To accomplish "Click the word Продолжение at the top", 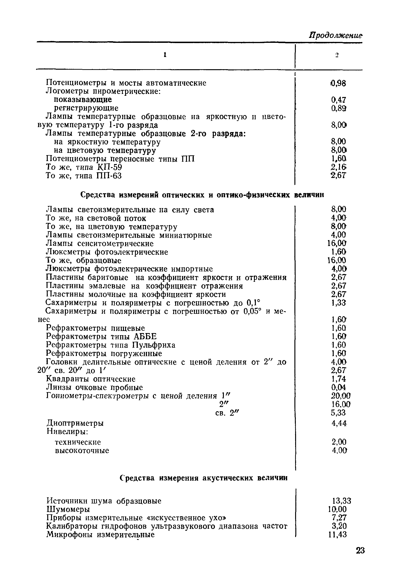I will (x=336, y=36).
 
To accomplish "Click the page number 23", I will (x=360, y=558).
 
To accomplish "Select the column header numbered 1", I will (x=165, y=55).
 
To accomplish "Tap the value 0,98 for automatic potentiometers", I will (x=338, y=83).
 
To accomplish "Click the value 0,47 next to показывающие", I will (x=338, y=100).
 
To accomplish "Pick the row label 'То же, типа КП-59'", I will (x=84, y=167).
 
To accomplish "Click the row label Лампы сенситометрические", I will (x=100, y=243).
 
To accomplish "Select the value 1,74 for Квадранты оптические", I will (x=338, y=379).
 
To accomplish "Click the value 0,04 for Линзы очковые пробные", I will (x=338, y=387).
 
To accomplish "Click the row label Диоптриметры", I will (x=75, y=423).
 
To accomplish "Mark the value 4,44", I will (x=339, y=423).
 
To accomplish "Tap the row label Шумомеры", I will (x=68, y=509).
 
